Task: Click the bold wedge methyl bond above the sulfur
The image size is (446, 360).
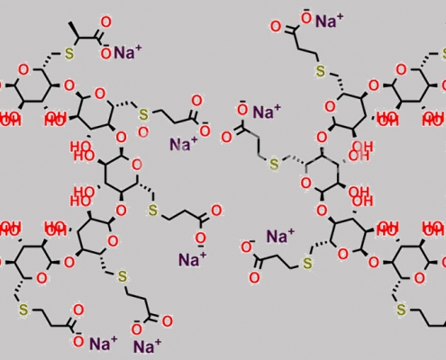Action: (x=73, y=30)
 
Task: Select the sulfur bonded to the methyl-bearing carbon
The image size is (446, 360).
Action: (x=69, y=54)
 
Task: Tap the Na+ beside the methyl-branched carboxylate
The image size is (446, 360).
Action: (x=127, y=52)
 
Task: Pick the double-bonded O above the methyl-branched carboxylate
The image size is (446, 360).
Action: (x=105, y=22)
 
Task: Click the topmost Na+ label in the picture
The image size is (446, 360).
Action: (x=329, y=21)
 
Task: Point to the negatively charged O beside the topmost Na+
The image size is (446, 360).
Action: (x=306, y=18)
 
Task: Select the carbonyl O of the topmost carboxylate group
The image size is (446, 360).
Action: (x=276, y=27)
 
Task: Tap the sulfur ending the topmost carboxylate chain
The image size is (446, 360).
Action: (x=321, y=71)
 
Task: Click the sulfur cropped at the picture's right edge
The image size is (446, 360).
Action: (x=443, y=54)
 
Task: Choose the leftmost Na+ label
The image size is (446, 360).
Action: (x=104, y=343)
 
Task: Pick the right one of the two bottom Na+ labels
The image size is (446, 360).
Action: (x=147, y=346)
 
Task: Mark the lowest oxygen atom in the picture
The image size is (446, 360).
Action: (x=78, y=341)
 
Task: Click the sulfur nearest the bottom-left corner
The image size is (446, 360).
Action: (x=23, y=310)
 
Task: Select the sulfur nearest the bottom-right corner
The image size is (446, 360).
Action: (x=401, y=310)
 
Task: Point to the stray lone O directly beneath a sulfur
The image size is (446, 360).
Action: (x=143, y=132)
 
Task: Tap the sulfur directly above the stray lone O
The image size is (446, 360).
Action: (x=143, y=114)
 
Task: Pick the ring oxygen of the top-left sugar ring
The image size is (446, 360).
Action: (x=23, y=70)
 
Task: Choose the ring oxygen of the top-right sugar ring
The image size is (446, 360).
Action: (x=401, y=70)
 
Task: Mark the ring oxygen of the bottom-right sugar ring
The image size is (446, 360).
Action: (x=419, y=278)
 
